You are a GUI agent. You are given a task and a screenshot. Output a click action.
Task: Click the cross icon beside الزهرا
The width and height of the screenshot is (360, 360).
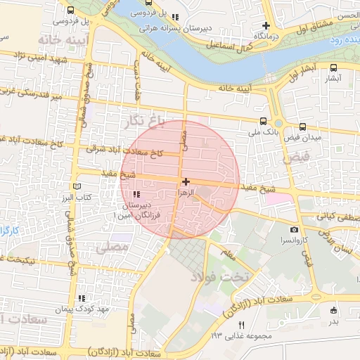coord(186,182)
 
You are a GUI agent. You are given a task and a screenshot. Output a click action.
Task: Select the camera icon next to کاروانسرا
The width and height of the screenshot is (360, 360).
coord(294,230)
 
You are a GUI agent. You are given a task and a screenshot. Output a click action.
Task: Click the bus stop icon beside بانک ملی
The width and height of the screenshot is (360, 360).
coord(263,121)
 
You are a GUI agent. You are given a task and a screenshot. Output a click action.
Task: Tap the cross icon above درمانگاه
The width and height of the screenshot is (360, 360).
coord(266,25)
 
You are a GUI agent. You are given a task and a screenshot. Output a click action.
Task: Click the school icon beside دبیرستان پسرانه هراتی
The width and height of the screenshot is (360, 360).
coord(175,17)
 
